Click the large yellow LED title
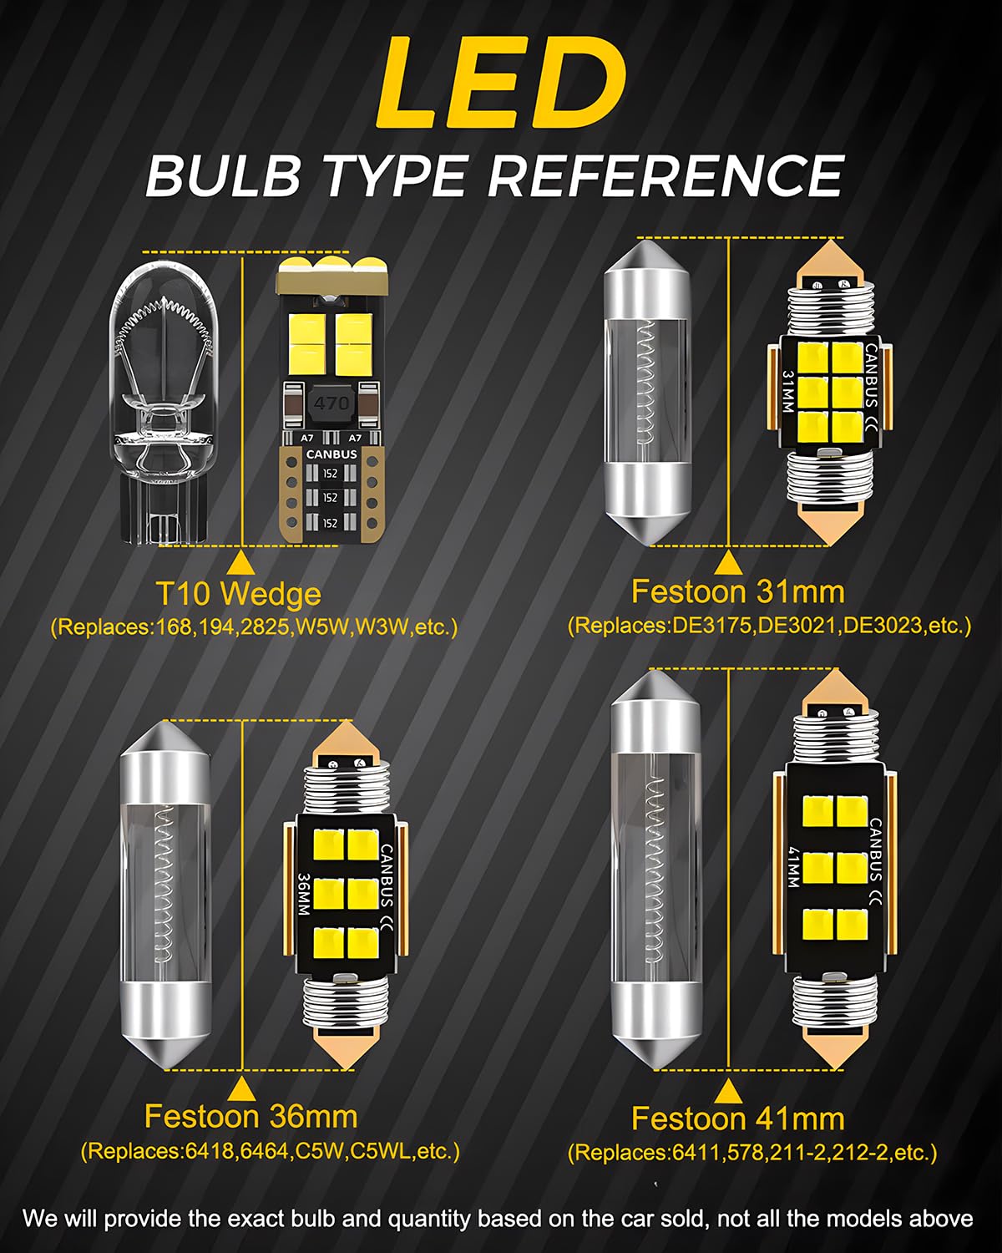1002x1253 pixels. click(x=501, y=82)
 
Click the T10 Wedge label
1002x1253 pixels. click(x=239, y=595)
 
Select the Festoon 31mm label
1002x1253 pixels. click(x=737, y=592)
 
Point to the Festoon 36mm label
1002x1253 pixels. click(x=251, y=1117)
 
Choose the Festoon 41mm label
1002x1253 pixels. click(x=737, y=1119)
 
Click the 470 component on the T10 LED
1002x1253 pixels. click(x=331, y=403)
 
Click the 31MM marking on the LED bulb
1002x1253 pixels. click(x=787, y=391)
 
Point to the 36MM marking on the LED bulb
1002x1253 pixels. click(x=303, y=894)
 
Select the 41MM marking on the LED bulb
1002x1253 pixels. click(x=793, y=866)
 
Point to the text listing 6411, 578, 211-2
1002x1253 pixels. click(x=752, y=1152)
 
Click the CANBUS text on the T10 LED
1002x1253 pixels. click(x=331, y=454)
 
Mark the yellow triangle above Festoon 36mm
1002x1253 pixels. click(x=240, y=1088)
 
